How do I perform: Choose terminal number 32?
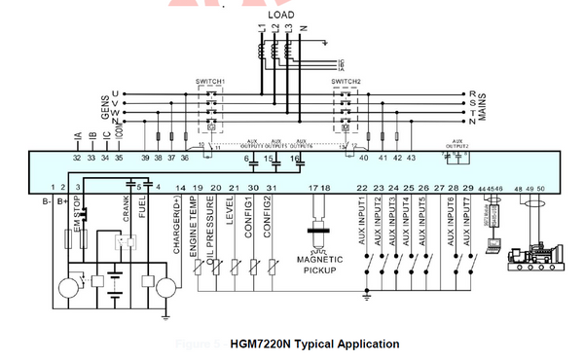click(77, 157)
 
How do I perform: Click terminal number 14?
click(180, 187)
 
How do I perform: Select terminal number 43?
click(411, 157)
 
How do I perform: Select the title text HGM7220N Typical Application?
click(314, 343)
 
